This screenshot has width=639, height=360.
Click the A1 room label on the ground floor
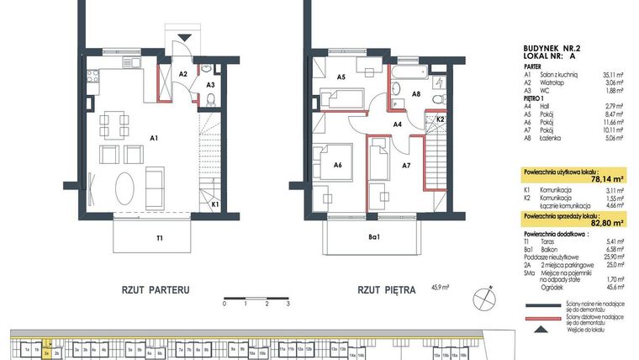tap(155, 136)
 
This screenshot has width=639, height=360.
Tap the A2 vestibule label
tap(182, 73)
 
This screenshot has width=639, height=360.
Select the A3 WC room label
tap(211, 85)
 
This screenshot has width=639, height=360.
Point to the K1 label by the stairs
tap(215, 204)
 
